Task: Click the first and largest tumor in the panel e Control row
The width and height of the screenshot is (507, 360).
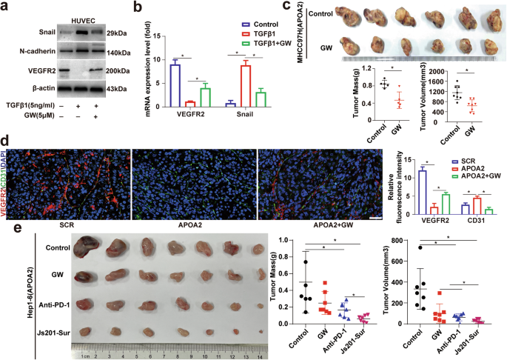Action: (x=93, y=246)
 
